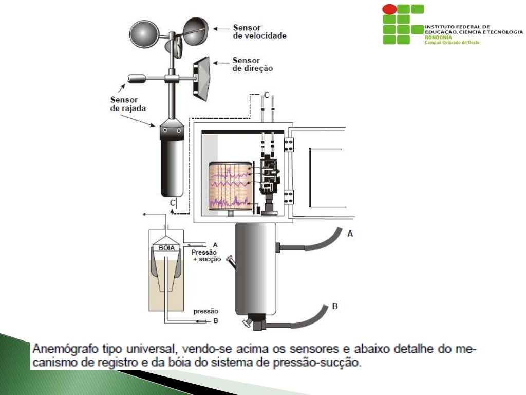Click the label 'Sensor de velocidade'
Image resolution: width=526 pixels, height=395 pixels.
(x=259, y=31)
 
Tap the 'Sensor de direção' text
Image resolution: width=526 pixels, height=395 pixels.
(x=252, y=64)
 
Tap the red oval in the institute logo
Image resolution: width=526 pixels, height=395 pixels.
(x=390, y=9)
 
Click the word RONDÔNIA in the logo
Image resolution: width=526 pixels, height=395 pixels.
(x=436, y=38)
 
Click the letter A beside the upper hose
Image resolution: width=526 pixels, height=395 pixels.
(x=350, y=234)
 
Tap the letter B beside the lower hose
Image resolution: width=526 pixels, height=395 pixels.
(x=334, y=307)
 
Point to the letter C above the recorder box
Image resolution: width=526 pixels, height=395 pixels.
(x=267, y=95)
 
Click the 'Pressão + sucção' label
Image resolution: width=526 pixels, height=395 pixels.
(x=205, y=256)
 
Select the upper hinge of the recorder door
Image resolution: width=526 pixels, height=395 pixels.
(x=288, y=145)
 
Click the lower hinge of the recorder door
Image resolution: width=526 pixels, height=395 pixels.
(x=288, y=197)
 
